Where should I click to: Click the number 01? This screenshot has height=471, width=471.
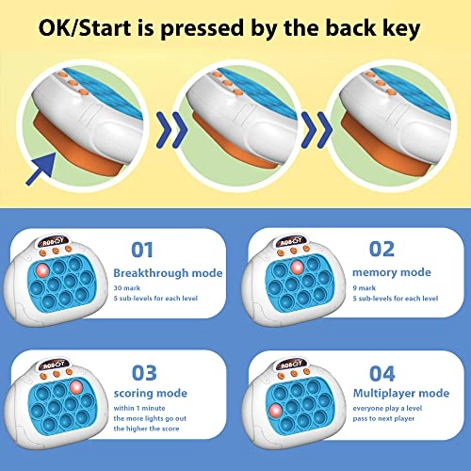[142, 250]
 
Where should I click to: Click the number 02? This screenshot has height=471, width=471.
[382, 250]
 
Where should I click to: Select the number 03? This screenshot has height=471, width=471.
[144, 373]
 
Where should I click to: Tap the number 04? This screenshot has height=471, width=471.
[382, 374]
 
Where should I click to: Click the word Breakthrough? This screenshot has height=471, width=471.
[151, 273]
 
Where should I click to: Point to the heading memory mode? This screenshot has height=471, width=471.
[392, 272]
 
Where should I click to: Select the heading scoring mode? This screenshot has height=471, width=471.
[151, 394]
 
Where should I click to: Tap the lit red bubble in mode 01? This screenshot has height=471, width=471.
[42, 269]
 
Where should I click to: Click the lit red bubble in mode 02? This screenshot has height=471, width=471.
[297, 268]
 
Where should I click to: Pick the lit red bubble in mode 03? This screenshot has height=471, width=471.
[76, 387]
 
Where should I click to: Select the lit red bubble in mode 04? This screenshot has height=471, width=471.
[276, 411]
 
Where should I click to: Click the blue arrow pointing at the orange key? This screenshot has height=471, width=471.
[41, 169]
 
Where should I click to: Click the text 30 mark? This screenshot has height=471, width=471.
[127, 288]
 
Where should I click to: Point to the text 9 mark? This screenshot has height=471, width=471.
[365, 288]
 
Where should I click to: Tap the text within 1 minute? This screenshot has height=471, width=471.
[139, 408]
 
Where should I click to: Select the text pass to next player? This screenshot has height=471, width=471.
[383, 418]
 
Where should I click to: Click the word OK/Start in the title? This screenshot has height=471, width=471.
[85, 27]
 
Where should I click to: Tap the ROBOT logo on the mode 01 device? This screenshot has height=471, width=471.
[53, 241]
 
